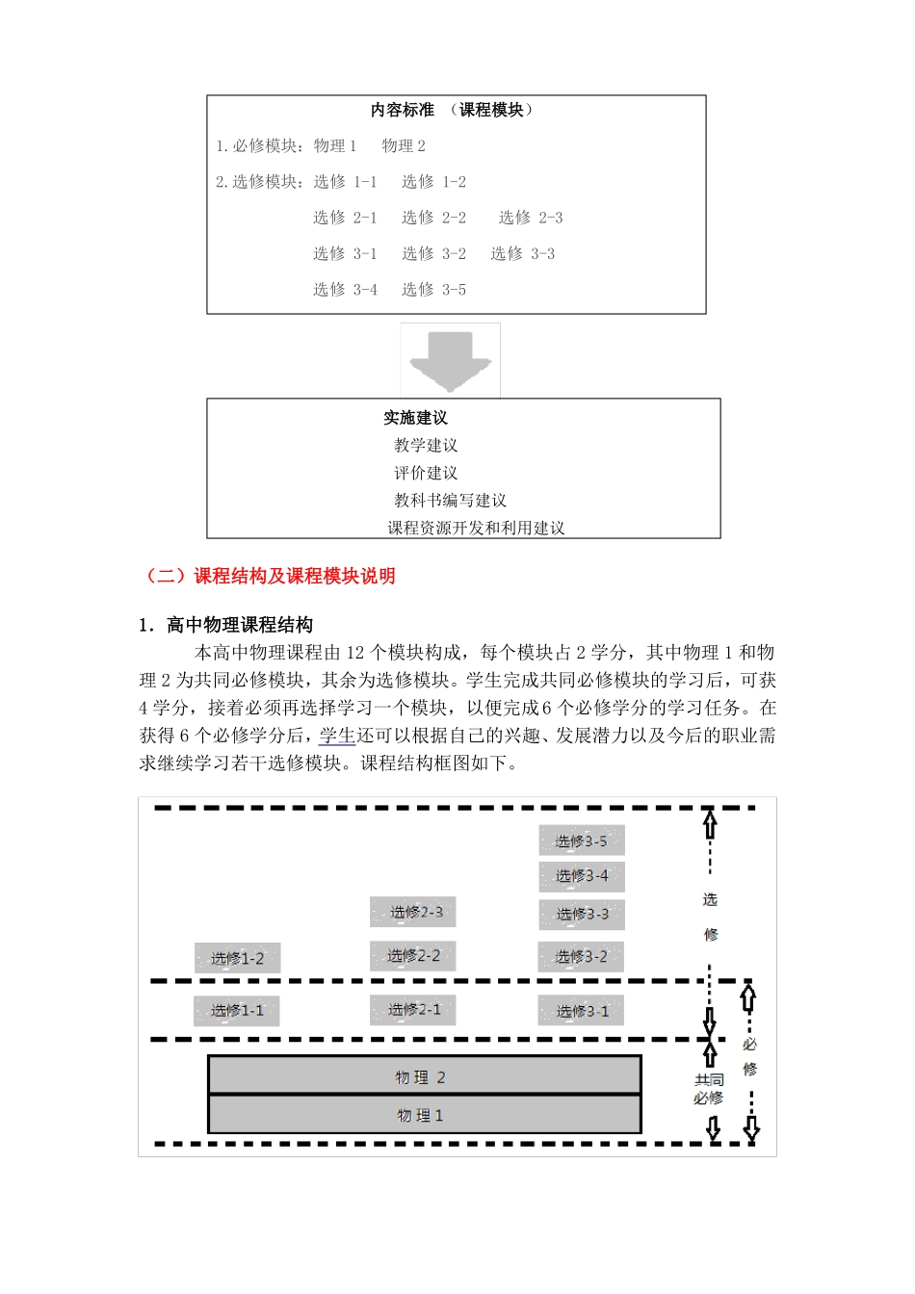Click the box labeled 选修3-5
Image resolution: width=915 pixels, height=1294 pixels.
(x=582, y=841)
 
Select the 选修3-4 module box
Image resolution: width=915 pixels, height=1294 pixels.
(x=582, y=876)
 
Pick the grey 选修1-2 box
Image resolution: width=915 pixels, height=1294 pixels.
(x=237, y=958)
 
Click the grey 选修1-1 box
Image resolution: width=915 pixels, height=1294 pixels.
(x=237, y=1010)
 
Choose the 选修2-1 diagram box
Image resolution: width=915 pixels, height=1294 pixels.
(x=413, y=1009)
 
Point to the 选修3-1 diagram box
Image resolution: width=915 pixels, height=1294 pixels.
(x=582, y=1011)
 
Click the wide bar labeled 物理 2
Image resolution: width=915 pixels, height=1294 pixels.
(x=424, y=1076)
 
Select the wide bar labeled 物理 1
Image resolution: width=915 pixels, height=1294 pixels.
(x=424, y=1115)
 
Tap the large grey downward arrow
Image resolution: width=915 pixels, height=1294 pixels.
(x=450, y=360)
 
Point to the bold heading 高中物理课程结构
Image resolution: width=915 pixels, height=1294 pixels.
(x=239, y=625)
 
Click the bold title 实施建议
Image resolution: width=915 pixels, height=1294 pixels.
(x=415, y=418)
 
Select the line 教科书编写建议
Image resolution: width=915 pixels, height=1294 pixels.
(x=450, y=501)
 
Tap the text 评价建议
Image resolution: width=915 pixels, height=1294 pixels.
(x=426, y=473)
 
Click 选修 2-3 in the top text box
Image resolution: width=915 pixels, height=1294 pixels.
(x=531, y=218)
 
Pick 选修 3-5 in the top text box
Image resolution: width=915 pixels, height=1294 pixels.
(x=433, y=289)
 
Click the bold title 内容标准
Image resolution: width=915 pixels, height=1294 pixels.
(x=403, y=111)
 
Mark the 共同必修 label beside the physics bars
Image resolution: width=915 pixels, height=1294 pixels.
(x=709, y=1089)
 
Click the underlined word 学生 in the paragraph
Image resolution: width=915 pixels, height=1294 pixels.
(x=337, y=736)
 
